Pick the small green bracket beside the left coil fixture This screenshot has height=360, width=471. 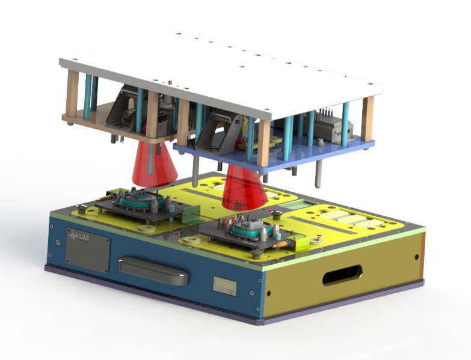coord(192,213)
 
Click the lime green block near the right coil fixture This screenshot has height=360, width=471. coord(299,242)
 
